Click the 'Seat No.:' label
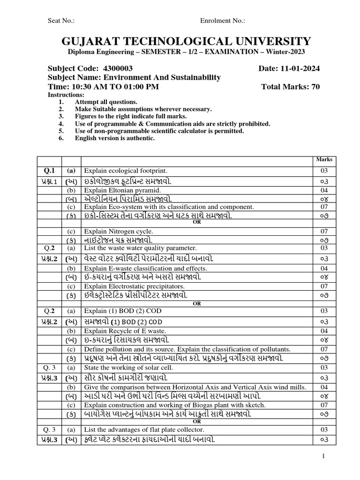(61, 21)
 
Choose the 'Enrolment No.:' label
(223, 21)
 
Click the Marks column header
(324, 159)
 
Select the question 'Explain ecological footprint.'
(126, 171)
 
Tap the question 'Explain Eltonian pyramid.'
(122, 191)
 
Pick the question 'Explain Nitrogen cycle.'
(120, 231)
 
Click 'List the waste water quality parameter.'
(140, 247)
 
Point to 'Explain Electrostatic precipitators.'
(134, 286)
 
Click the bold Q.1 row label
(49, 171)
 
